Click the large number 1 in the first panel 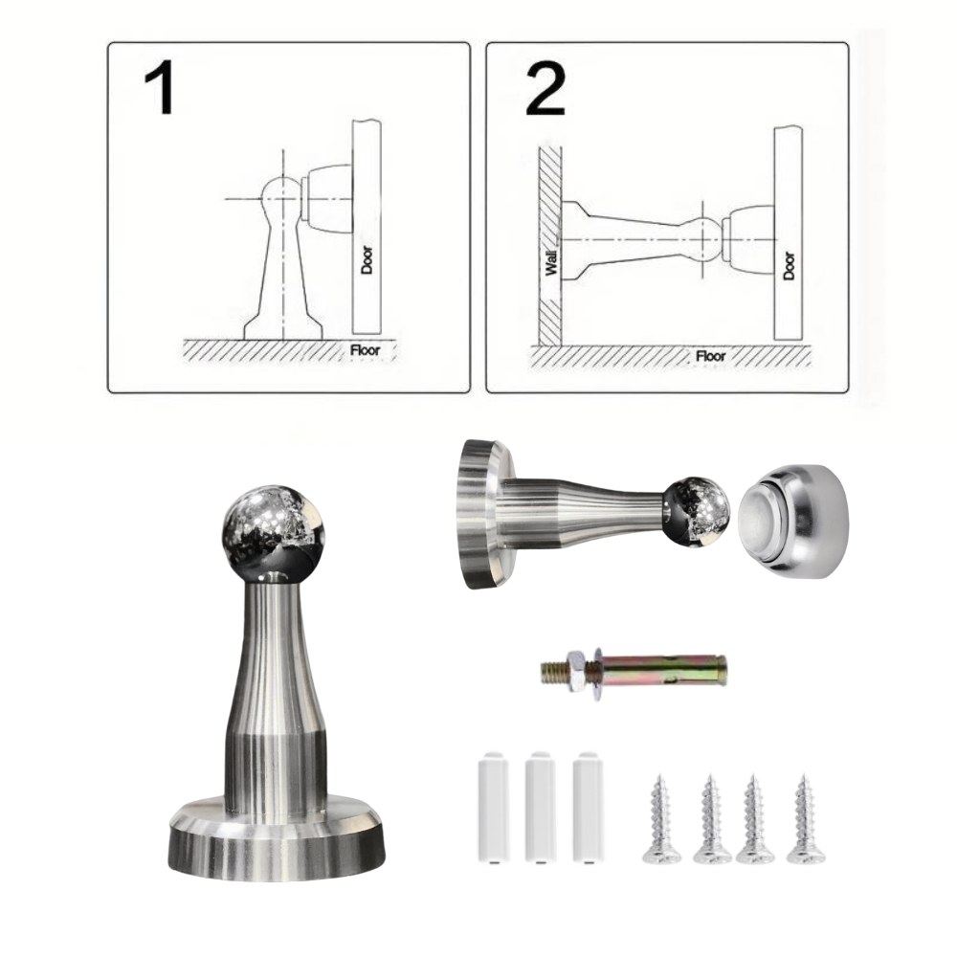coord(161,87)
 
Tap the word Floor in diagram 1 coord(365,350)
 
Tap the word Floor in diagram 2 coord(710,356)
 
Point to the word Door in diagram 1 coord(367,260)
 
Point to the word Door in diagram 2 coord(789,266)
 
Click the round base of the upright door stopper coord(277,837)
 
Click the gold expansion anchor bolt coord(634,673)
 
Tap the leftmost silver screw coord(661,819)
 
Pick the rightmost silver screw coord(805,819)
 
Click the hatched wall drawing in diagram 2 coord(549,245)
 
